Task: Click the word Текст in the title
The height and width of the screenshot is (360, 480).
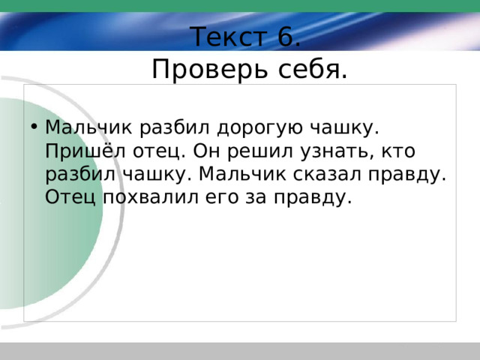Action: [228, 37]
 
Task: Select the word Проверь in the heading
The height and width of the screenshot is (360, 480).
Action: [210, 70]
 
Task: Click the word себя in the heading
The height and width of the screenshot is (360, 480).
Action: [313, 69]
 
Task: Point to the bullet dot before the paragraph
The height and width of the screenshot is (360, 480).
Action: [34, 127]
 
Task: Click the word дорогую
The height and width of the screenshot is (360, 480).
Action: [260, 128]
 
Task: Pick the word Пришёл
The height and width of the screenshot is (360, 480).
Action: [85, 150]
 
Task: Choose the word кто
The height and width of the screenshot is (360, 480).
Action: [398, 151]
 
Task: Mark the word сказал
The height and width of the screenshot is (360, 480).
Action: [327, 175]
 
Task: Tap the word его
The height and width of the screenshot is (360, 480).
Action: [222, 199]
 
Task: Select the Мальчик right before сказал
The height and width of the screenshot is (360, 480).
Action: [242, 175]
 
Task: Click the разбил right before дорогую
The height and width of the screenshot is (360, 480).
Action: [175, 128]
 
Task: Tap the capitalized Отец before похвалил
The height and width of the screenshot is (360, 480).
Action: [70, 197]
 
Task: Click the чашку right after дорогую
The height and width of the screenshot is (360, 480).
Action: [344, 128]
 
